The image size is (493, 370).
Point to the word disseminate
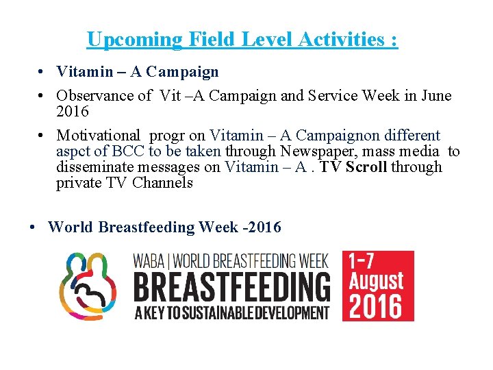[94, 167]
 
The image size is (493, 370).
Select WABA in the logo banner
[148, 260]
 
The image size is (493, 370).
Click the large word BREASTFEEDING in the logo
[231, 288]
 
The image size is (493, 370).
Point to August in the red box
[377, 280]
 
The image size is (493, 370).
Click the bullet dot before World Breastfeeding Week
[33, 227]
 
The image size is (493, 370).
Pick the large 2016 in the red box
[378, 306]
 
